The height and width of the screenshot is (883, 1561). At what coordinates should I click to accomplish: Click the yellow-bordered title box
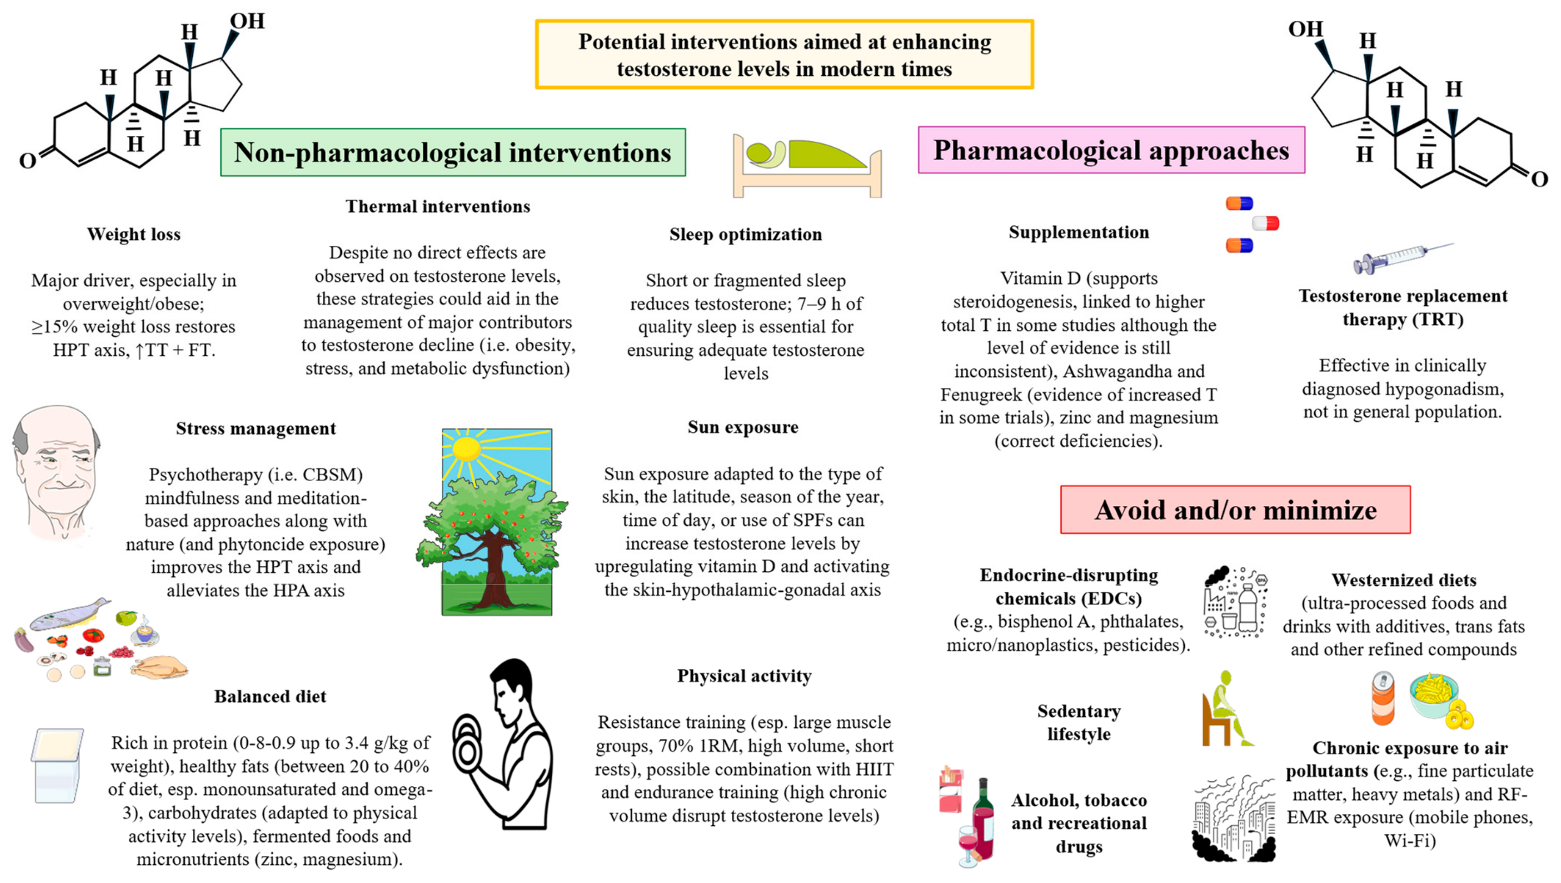point(784,55)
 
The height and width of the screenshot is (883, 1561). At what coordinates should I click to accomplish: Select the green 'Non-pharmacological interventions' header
point(453,152)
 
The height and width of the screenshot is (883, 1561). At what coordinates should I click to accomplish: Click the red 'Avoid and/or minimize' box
point(1235,509)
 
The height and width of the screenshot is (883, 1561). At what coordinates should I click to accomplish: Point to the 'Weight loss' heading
point(133,234)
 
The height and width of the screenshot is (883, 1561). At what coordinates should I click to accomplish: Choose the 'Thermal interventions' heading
point(437,206)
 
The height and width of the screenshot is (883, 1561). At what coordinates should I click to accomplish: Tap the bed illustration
point(807,165)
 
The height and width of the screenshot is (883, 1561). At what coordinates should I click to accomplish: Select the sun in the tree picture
point(466,449)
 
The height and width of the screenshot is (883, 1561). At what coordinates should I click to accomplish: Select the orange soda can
point(1383,699)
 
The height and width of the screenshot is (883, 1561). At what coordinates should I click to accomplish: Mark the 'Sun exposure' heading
point(743,427)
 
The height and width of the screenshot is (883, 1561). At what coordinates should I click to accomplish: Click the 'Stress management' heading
point(255,428)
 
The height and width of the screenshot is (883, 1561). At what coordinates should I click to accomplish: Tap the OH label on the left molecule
point(247,21)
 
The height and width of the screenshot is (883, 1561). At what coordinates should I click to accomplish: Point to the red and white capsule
point(1266,223)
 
